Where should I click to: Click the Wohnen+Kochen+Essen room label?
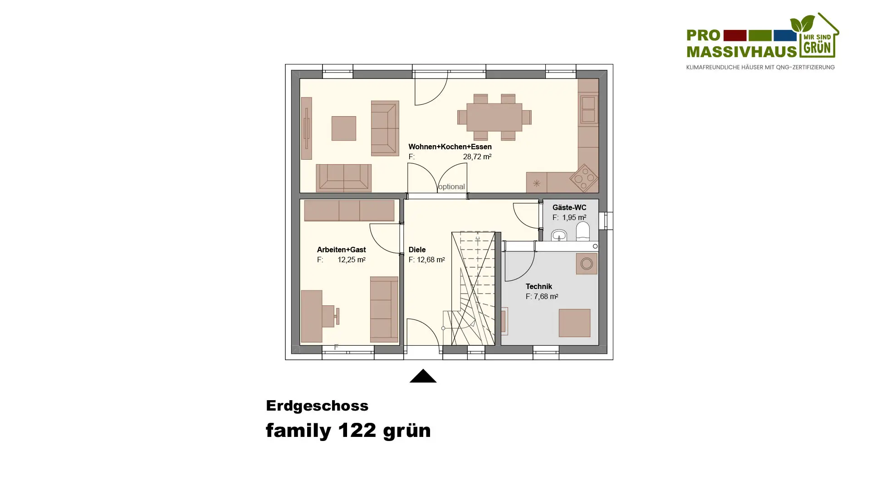point(450,147)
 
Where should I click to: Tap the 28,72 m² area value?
point(477,157)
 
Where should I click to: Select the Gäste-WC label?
point(569,208)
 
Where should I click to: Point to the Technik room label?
point(539,287)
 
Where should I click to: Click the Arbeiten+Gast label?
point(341,250)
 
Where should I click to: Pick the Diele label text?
point(417,250)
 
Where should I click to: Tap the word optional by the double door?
point(451,187)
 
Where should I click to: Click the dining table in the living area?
point(494,118)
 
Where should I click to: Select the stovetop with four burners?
point(584,178)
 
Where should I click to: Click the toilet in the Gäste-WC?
point(582,231)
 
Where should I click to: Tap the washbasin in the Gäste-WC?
point(559,235)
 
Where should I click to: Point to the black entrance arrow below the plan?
point(423,376)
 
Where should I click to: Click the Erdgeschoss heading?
point(317,406)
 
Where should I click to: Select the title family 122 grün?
point(348,431)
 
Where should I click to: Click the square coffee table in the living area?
point(344,128)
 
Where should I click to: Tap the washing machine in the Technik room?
point(587,264)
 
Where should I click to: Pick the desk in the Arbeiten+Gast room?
point(312,316)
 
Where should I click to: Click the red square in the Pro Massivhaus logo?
point(735,35)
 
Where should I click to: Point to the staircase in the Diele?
point(473,289)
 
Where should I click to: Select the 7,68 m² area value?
point(546,297)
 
